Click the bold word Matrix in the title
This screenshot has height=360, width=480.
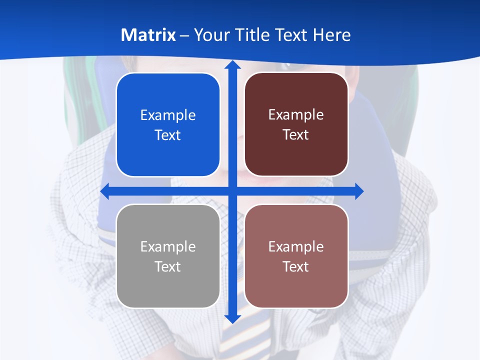[x=148, y=35]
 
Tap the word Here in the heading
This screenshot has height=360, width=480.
[x=331, y=35]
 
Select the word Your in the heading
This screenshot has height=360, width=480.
[x=210, y=35]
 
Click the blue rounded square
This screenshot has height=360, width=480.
[x=168, y=125]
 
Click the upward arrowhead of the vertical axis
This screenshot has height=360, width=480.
[x=232, y=65]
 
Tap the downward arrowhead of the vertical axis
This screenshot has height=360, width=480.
[x=232, y=318]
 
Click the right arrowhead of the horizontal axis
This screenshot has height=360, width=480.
[x=358, y=191]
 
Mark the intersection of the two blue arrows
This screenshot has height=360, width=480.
[x=232, y=191]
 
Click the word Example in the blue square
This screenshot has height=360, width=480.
[x=168, y=115]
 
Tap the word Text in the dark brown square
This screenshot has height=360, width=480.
[x=296, y=135]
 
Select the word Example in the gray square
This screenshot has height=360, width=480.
[x=168, y=246]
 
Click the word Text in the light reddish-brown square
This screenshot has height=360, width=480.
[x=296, y=266]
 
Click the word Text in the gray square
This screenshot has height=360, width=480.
[x=168, y=266]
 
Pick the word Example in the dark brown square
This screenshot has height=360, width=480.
[x=296, y=115]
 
